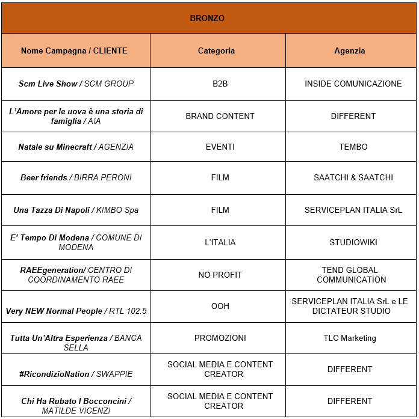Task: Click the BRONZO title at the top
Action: coord(207,18)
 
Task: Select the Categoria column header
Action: coord(217,51)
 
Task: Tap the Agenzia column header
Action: coord(350,51)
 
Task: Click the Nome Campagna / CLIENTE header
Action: coord(74,51)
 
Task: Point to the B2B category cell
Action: coord(220,84)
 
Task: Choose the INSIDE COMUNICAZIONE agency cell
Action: coord(353,84)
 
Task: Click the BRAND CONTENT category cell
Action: coord(220,116)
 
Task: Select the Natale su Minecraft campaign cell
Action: coord(76,147)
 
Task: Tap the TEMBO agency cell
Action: coord(353,147)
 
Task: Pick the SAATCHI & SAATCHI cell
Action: coord(353,177)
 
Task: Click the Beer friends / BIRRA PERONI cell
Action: coord(76,177)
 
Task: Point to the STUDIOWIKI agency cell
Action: coord(353,242)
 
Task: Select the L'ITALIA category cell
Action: coord(220,242)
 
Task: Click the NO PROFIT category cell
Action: coord(220,275)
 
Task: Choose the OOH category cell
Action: coord(220,306)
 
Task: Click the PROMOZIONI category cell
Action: coord(220,338)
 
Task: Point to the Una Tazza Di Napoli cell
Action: coord(76,210)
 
